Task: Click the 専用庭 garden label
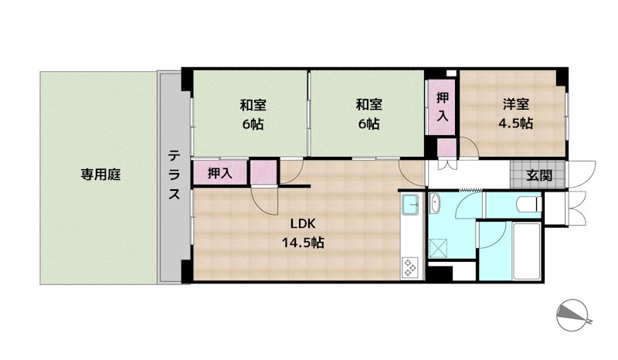click(x=100, y=175)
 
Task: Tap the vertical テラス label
click(x=174, y=175)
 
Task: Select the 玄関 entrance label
click(x=539, y=175)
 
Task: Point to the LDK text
click(x=303, y=224)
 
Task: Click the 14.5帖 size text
click(x=303, y=242)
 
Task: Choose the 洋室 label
click(x=515, y=104)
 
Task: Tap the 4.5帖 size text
click(x=515, y=124)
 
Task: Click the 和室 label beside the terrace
click(x=253, y=105)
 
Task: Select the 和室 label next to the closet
click(x=369, y=105)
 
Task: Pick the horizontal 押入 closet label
click(x=219, y=173)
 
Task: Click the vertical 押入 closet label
click(x=442, y=107)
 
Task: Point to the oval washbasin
click(x=435, y=203)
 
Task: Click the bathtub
click(x=527, y=251)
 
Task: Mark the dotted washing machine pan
click(x=439, y=248)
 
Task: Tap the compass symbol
click(x=572, y=315)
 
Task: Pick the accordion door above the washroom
click(x=470, y=190)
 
